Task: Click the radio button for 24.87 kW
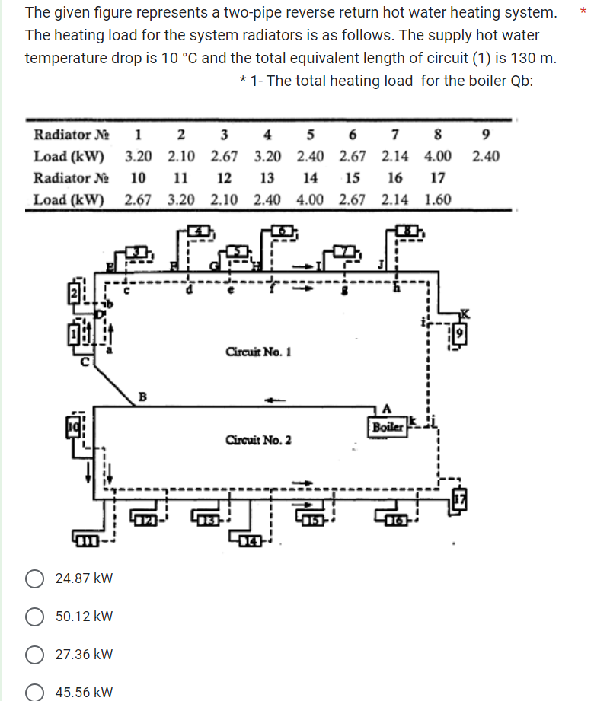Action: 35,578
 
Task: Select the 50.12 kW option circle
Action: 35,617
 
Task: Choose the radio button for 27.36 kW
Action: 35,655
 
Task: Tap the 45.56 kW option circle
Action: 35,692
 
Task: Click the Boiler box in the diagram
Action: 386,427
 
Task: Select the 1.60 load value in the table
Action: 438,200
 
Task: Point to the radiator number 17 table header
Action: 438,178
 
